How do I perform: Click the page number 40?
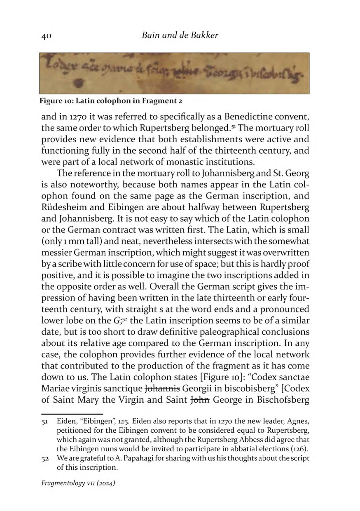(46, 36)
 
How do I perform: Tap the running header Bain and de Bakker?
(180, 35)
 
